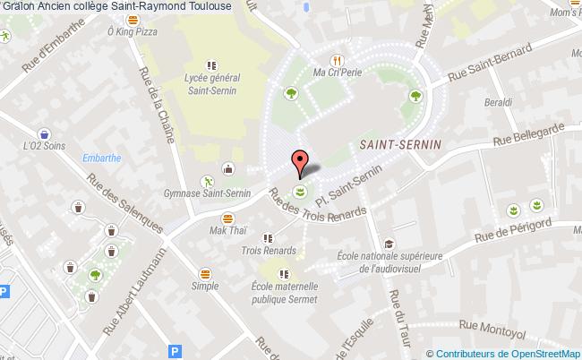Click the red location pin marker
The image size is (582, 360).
pos(300,162)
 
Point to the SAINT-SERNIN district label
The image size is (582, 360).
pos(395,142)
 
